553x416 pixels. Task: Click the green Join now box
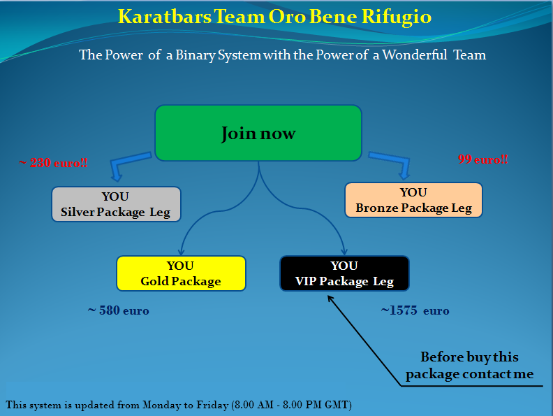pos(258,133)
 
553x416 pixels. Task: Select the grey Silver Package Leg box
pos(116,204)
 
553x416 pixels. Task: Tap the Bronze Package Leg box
pos(413,200)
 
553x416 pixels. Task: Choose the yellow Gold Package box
pos(181,273)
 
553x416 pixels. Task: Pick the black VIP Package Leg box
pos(344,273)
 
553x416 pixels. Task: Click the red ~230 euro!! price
pos(53,163)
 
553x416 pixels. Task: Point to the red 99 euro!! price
pos(482,159)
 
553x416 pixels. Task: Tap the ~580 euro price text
pos(119,310)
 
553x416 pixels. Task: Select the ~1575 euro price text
pos(415,310)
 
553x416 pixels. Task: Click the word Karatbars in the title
pos(164,16)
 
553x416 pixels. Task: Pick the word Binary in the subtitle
pos(196,55)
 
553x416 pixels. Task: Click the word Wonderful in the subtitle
pos(415,55)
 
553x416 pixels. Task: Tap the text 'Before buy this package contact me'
pos(469,365)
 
